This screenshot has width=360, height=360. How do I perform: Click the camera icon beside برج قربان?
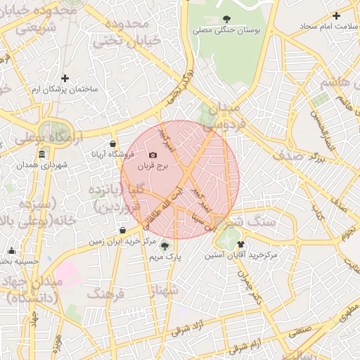click(x=153, y=155)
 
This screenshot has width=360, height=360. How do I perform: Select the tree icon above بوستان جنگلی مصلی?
click(x=226, y=19)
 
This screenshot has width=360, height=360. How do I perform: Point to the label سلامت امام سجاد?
click(x=310, y=26)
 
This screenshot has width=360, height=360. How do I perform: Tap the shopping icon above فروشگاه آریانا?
click(x=113, y=143)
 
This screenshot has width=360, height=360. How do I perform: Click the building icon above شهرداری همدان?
click(x=43, y=153)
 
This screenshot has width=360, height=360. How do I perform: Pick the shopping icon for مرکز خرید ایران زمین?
click(x=123, y=229)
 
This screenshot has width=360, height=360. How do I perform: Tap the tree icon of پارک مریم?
click(x=165, y=246)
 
